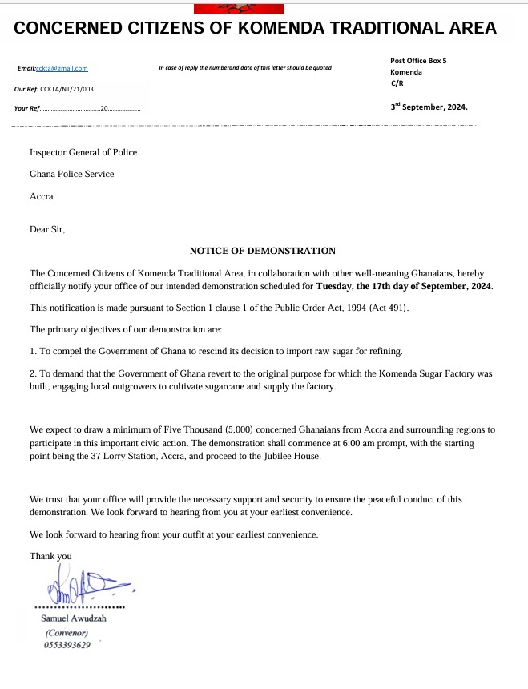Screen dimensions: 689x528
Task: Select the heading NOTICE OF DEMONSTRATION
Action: [x=263, y=251]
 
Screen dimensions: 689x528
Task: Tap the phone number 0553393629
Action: [x=67, y=645]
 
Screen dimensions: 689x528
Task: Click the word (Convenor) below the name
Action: [x=67, y=632]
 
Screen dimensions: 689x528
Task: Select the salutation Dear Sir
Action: [x=47, y=229]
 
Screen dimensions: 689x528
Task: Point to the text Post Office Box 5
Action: [x=418, y=61]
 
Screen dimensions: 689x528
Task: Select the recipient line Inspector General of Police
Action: [x=83, y=152]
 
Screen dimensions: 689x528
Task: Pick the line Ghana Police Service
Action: [x=72, y=174]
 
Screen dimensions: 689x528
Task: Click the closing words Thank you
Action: [x=50, y=556]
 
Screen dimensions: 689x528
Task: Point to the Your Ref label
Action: [x=26, y=108]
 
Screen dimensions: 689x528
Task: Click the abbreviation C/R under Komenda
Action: [x=397, y=83]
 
